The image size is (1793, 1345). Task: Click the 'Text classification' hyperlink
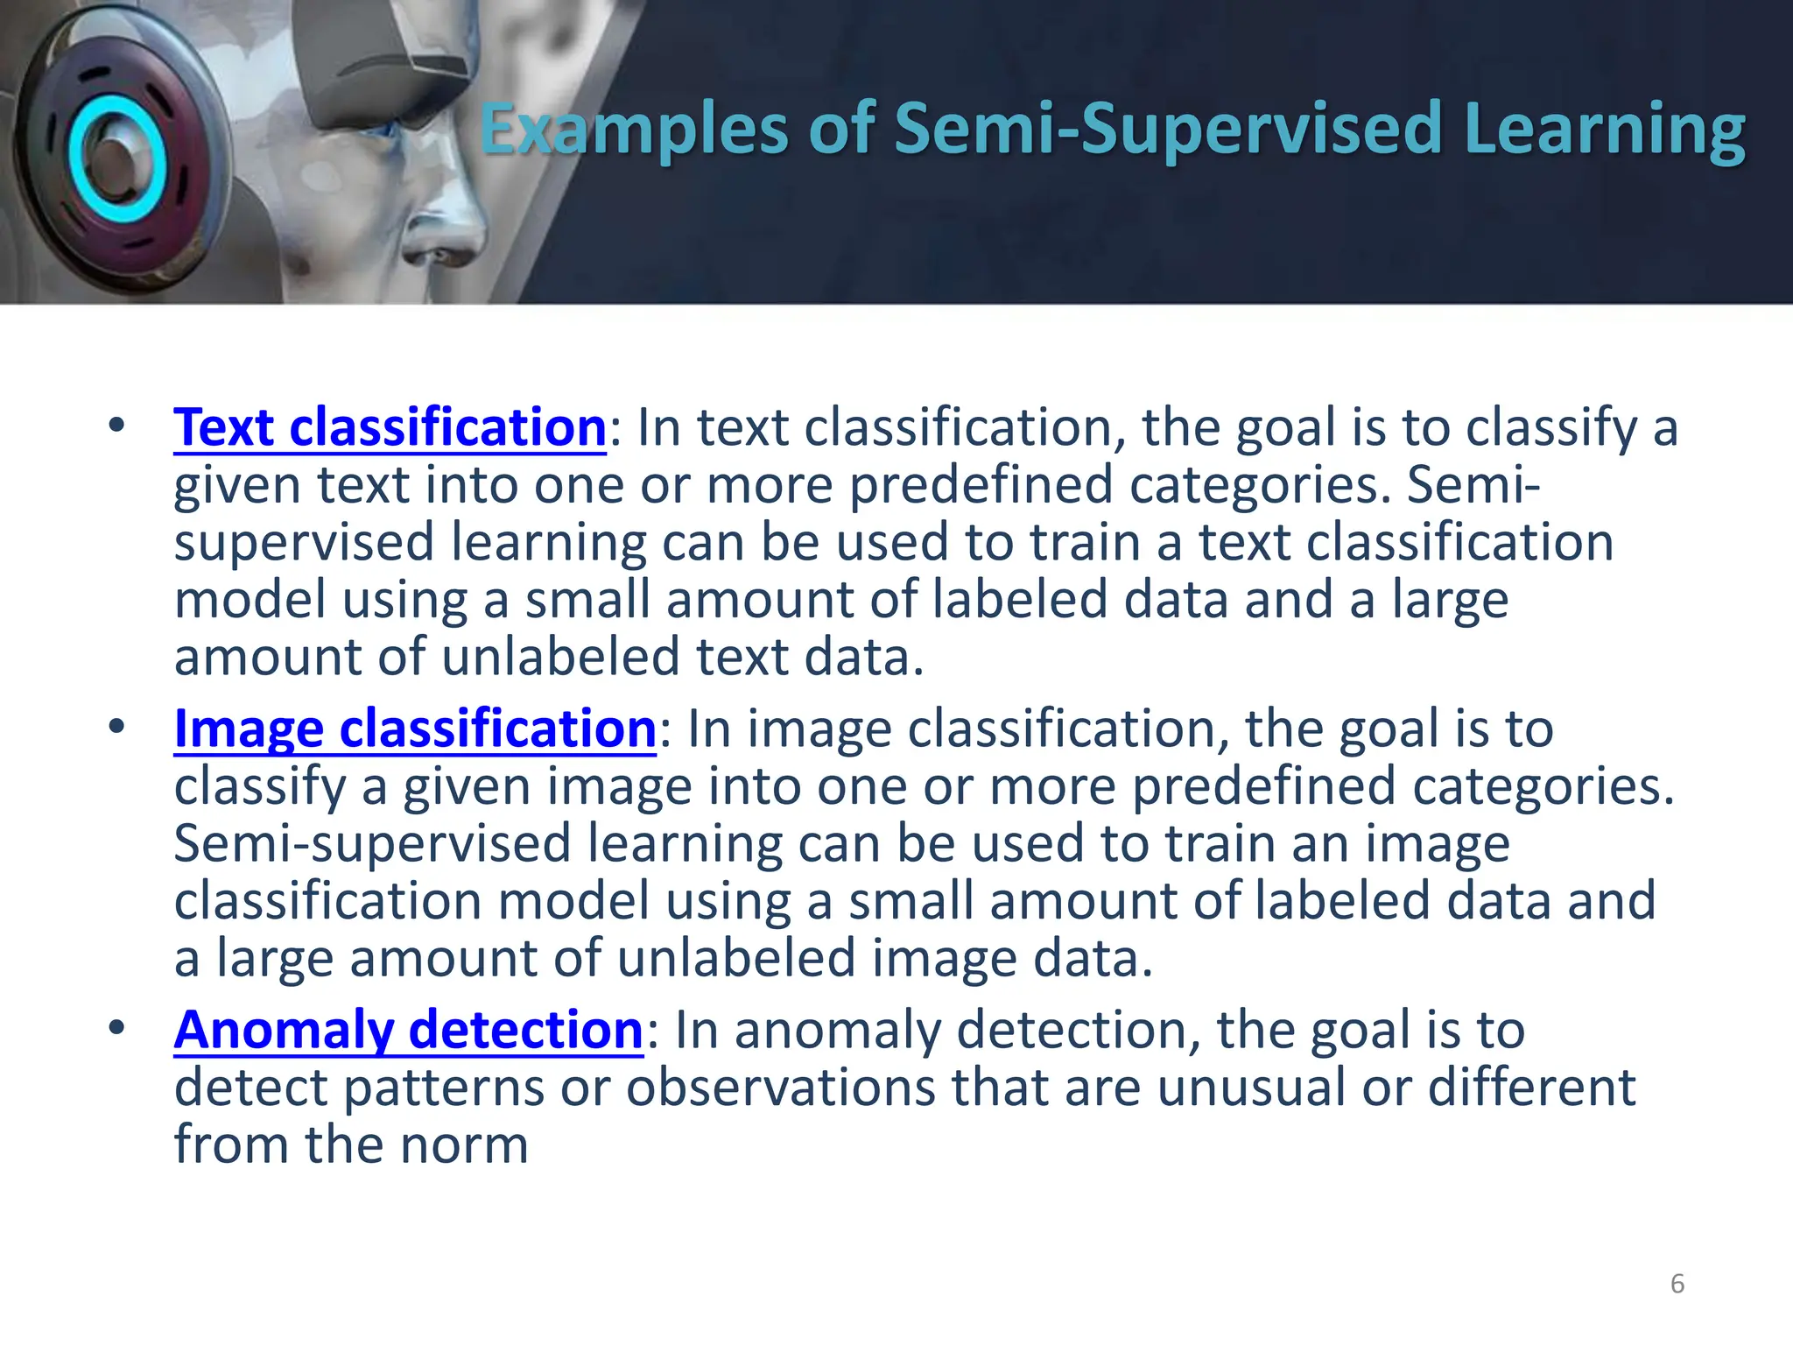point(390,428)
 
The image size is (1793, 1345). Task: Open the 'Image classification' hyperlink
point(415,729)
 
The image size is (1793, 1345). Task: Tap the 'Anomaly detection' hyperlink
point(408,1030)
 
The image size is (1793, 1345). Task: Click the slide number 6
point(1677,1284)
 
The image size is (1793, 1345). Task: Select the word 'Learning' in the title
point(1604,130)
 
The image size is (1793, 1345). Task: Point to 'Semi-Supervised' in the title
point(1168,130)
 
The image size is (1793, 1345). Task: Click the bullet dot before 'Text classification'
point(116,426)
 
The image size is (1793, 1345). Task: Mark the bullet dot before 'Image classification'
point(116,727)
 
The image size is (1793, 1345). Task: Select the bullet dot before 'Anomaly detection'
point(116,1028)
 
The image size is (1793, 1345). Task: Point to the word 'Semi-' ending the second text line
point(1473,485)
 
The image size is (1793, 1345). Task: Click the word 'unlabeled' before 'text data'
point(560,658)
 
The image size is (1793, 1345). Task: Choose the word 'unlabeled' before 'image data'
point(735,959)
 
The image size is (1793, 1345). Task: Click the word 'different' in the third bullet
point(1531,1088)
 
